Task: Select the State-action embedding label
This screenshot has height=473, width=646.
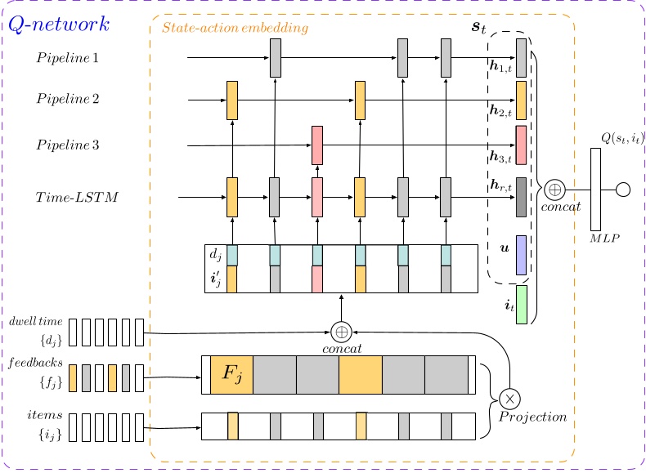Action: [236, 29]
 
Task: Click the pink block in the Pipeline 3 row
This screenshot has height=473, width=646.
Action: [317, 145]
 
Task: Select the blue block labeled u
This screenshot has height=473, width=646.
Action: [521, 255]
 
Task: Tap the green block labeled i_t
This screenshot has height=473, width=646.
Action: [521, 305]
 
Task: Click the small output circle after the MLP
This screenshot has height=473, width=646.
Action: [622, 190]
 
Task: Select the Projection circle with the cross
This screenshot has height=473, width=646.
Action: [509, 399]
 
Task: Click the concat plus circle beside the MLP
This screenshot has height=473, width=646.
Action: [554, 190]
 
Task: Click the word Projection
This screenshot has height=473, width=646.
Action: [533, 417]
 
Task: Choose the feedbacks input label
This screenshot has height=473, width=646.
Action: [35, 362]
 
